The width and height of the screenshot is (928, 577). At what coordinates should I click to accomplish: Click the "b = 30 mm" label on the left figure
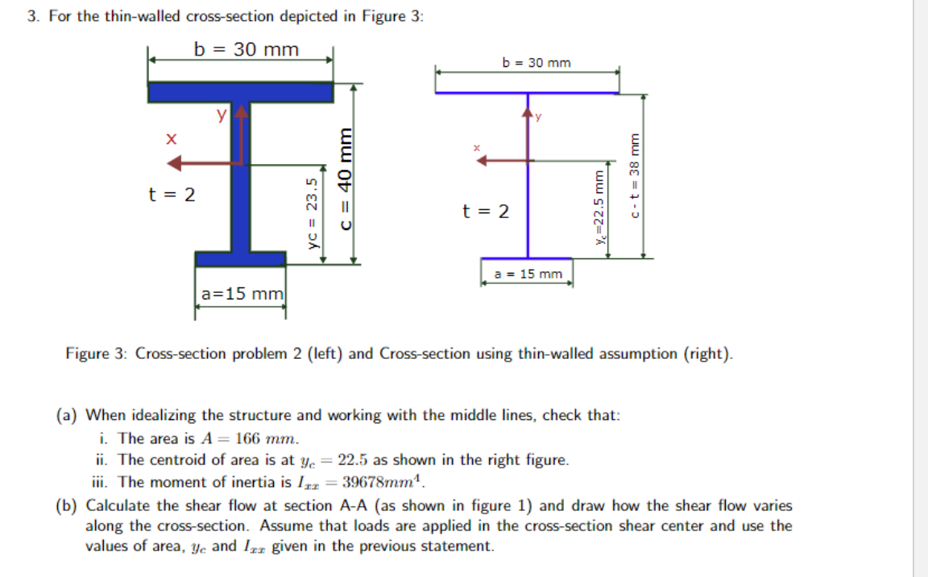[x=246, y=50]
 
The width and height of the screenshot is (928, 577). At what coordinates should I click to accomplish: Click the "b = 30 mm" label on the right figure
[x=536, y=62]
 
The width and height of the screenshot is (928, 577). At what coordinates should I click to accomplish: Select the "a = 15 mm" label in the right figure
[x=528, y=274]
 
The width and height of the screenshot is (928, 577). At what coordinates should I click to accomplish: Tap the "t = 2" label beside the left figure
[x=172, y=195]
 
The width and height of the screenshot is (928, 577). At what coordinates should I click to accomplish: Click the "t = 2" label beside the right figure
[x=486, y=212]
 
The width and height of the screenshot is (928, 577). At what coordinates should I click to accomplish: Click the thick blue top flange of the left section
[x=240, y=92]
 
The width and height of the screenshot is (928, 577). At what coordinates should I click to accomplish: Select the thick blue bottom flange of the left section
[x=240, y=258]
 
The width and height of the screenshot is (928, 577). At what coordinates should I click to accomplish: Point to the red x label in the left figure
[x=169, y=139]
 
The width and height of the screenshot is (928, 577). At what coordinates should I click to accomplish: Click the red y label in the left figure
[x=220, y=115]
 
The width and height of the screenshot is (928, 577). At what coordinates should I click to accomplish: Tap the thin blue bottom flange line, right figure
[x=527, y=258]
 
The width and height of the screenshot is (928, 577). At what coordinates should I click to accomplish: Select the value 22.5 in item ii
[x=354, y=460]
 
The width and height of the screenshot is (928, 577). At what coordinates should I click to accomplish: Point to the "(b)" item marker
[x=68, y=506]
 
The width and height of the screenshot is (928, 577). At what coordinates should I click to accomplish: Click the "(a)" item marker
[x=68, y=415]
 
